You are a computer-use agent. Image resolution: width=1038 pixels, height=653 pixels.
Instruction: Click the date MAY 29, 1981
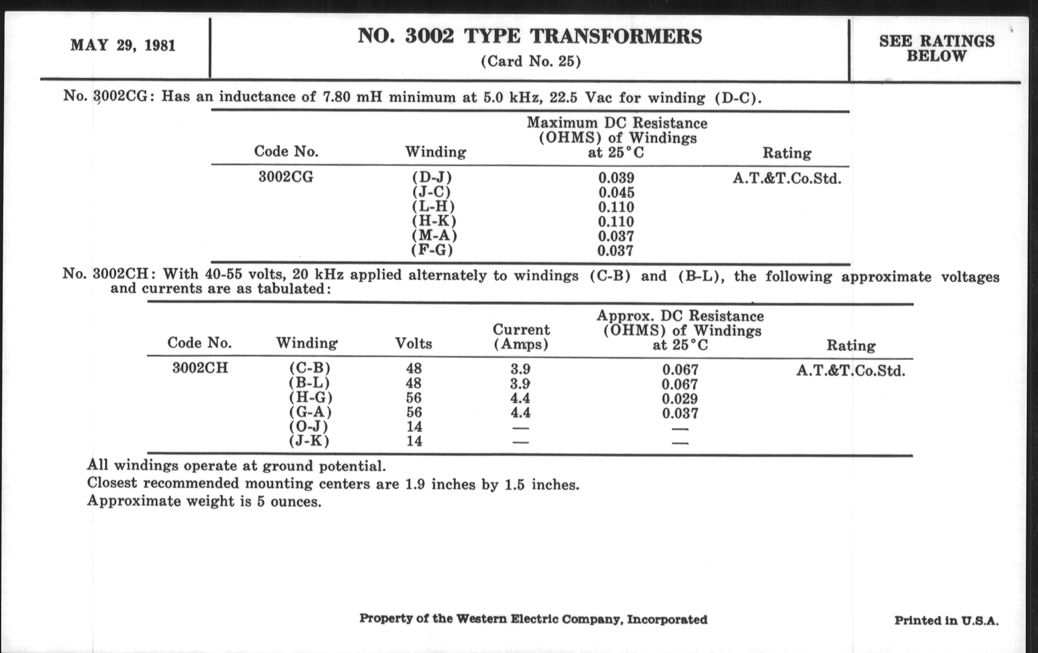(123, 46)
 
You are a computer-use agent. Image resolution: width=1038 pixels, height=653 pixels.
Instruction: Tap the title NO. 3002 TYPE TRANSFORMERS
(530, 37)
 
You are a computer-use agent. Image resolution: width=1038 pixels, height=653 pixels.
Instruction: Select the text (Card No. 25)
(531, 61)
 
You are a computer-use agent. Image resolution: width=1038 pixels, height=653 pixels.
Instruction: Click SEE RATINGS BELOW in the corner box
(937, 48)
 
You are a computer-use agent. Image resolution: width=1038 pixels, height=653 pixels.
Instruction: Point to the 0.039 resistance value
(616, 178)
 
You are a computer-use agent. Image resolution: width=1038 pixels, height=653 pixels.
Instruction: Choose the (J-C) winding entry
(432, 191)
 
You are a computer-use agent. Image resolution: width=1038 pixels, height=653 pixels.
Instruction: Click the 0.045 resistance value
(616, 192)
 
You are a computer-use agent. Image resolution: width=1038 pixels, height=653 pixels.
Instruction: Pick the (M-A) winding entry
(434, 236)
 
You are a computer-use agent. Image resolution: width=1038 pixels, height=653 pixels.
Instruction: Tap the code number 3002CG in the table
(286, 177)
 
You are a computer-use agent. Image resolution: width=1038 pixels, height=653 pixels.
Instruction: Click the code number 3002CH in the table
(200, 368)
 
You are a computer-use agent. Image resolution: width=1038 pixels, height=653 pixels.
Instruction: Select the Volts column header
(414, 344)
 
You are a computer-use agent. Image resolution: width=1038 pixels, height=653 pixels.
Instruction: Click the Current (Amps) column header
(521, 337)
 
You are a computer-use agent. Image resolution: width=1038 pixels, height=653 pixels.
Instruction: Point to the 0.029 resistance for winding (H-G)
(680, 399)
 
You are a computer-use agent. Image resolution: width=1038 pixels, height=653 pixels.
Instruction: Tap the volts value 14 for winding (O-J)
(414, 427)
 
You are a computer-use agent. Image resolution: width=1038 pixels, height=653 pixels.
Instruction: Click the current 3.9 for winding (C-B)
(520, 369)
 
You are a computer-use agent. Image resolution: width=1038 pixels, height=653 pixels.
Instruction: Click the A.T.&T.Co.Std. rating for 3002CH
(851, 371)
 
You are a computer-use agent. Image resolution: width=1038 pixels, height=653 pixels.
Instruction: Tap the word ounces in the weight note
(296, 502)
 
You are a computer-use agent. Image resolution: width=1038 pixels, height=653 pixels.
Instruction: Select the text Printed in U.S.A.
(946, 621)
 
